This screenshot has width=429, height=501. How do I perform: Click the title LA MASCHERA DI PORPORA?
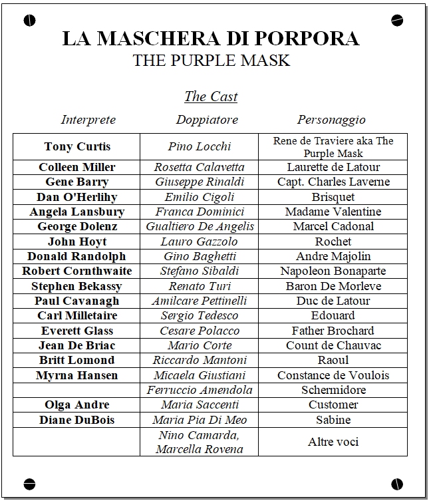click(211, 38)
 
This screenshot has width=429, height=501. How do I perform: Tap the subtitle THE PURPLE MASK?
click(211, 61)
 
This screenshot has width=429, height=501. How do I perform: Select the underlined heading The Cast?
click(211, 96)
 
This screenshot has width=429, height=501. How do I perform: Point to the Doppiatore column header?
click(207, 120)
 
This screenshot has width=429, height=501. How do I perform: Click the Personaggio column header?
click(331, 120)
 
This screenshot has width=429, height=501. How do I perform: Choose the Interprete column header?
click(88, 120)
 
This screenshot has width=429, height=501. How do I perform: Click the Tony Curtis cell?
click(77, 147)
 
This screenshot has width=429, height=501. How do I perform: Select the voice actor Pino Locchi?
click(200, 147)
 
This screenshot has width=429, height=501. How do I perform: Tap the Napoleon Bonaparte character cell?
click(333, 271)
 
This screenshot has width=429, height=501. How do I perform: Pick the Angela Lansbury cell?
click(77, 212)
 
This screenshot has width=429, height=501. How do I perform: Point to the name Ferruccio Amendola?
click(200, 390)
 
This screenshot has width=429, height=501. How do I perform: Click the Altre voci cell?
click(333, 442)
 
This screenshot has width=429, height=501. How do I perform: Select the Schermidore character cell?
click(333, 390)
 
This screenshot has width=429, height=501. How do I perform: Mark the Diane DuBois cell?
click(77, 420)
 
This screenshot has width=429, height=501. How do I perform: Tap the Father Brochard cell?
click(333, 331)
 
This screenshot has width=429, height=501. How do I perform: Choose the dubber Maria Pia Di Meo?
click(200, 420)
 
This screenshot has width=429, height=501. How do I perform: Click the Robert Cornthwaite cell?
click(77, 271)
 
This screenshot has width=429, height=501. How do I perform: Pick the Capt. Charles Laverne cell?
click(333, 182)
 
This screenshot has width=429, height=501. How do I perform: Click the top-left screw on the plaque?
click(29, 21)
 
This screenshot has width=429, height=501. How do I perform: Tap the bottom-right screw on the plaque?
click(398, 483)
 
